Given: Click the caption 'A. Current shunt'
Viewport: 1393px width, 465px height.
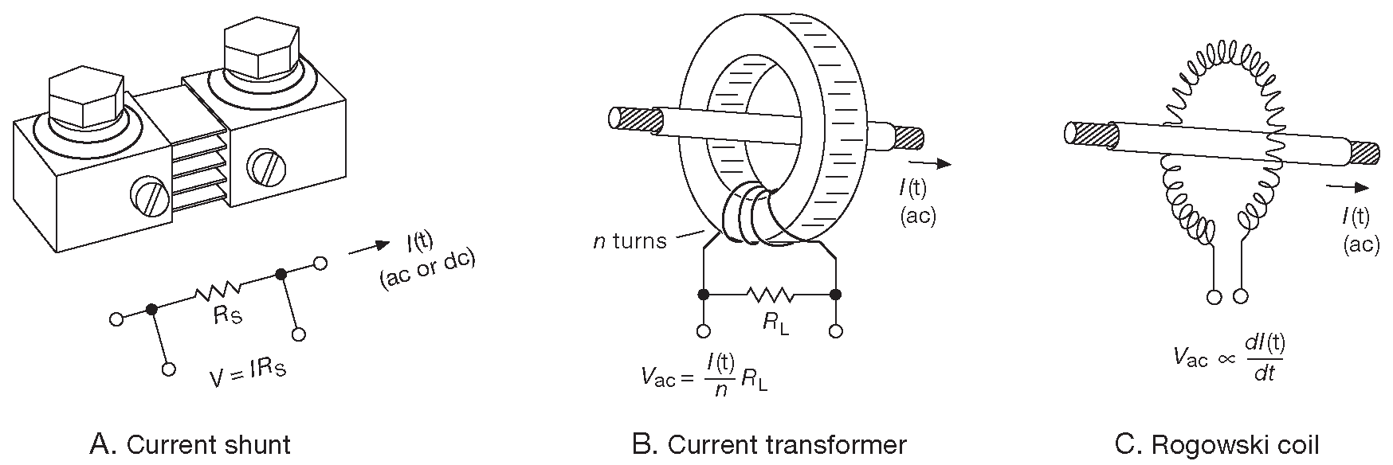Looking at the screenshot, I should tap(201, 444).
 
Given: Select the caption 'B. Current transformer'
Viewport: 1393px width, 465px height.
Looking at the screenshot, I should tap(768, 444).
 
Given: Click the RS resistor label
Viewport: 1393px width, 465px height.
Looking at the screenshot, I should tap(228, 316).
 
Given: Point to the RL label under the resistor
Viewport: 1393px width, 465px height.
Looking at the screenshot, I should tap(774, 325).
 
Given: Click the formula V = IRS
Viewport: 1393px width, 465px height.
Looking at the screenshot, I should tap(247, 373).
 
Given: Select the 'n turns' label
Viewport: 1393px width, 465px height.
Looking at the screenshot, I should tap(630, 240).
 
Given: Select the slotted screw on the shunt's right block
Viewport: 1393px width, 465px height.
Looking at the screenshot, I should tap(263, 166).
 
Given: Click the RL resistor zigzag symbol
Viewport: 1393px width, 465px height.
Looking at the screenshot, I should tap(770, 295).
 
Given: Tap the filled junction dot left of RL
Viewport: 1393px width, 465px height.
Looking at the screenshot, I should tap(703, 295).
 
